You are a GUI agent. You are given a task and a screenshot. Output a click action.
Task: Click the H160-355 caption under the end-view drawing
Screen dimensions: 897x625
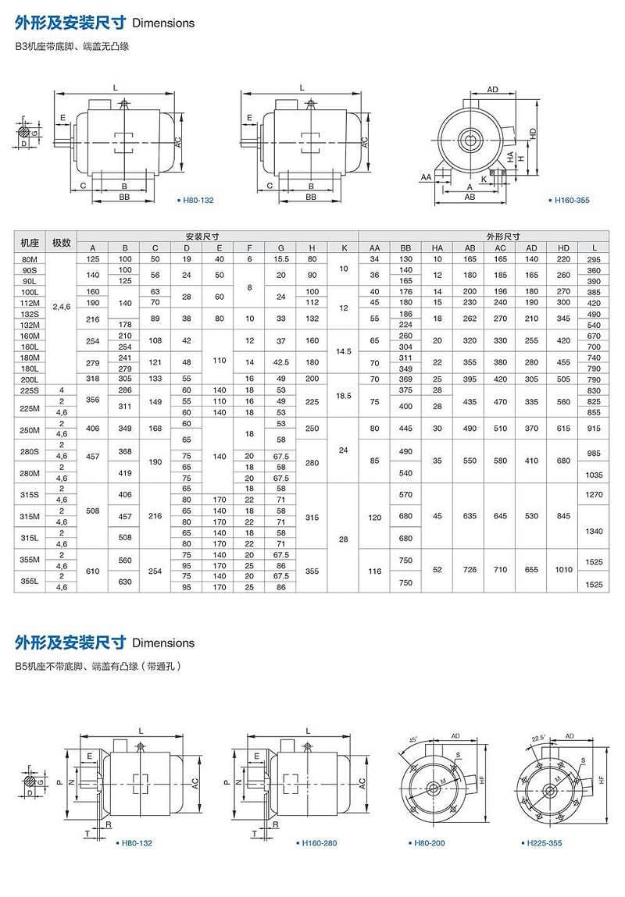click(x=572, y=201)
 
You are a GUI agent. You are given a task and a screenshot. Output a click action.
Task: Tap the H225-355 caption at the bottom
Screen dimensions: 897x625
click(x=544, y=843)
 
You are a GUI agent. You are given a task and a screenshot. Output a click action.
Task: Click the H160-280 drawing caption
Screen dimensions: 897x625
click(x=319, y=843)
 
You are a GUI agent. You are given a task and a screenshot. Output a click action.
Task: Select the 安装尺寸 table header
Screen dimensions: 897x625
click(x=202, y=236)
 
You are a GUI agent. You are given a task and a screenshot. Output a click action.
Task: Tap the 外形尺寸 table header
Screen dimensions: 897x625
click(x=486, y=236)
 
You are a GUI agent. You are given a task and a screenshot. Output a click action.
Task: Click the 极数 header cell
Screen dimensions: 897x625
click(x=62, y=241)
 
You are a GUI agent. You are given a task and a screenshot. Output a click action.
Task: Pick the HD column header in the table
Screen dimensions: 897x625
click(x=562, y=247)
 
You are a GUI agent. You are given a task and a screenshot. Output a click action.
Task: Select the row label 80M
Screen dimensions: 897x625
click(x=30, y=258)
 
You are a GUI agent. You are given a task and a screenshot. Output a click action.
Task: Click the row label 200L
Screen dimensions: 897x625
click(x=30, y=379)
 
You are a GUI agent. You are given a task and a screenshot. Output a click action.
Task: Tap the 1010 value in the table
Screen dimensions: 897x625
click(x=562, y=570)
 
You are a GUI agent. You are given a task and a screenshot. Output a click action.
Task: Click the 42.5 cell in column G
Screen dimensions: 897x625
click(x=280, y=362)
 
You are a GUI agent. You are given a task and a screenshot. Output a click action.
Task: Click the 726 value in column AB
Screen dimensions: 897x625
click(x=470, y=570)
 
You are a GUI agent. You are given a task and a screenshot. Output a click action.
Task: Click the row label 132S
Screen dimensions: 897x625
click(x=30, y=313)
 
